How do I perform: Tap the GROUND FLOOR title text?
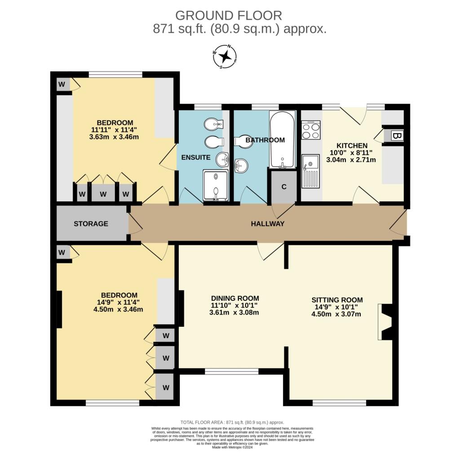point(229,15)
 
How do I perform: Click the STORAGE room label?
point(91,224)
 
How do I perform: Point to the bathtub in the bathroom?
point(283,140)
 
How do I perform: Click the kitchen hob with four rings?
point(311,130)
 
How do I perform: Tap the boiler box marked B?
point(397,136)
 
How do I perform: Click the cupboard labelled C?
point(284,187)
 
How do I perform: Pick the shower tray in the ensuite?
point(216,185)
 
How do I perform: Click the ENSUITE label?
point(195,158)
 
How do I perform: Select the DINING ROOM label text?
point(235,298)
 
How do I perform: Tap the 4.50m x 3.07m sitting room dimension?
point(336,314)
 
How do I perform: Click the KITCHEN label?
point(352,145)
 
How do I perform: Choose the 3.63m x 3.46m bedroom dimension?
point(114,137)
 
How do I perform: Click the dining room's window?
point(232,371)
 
